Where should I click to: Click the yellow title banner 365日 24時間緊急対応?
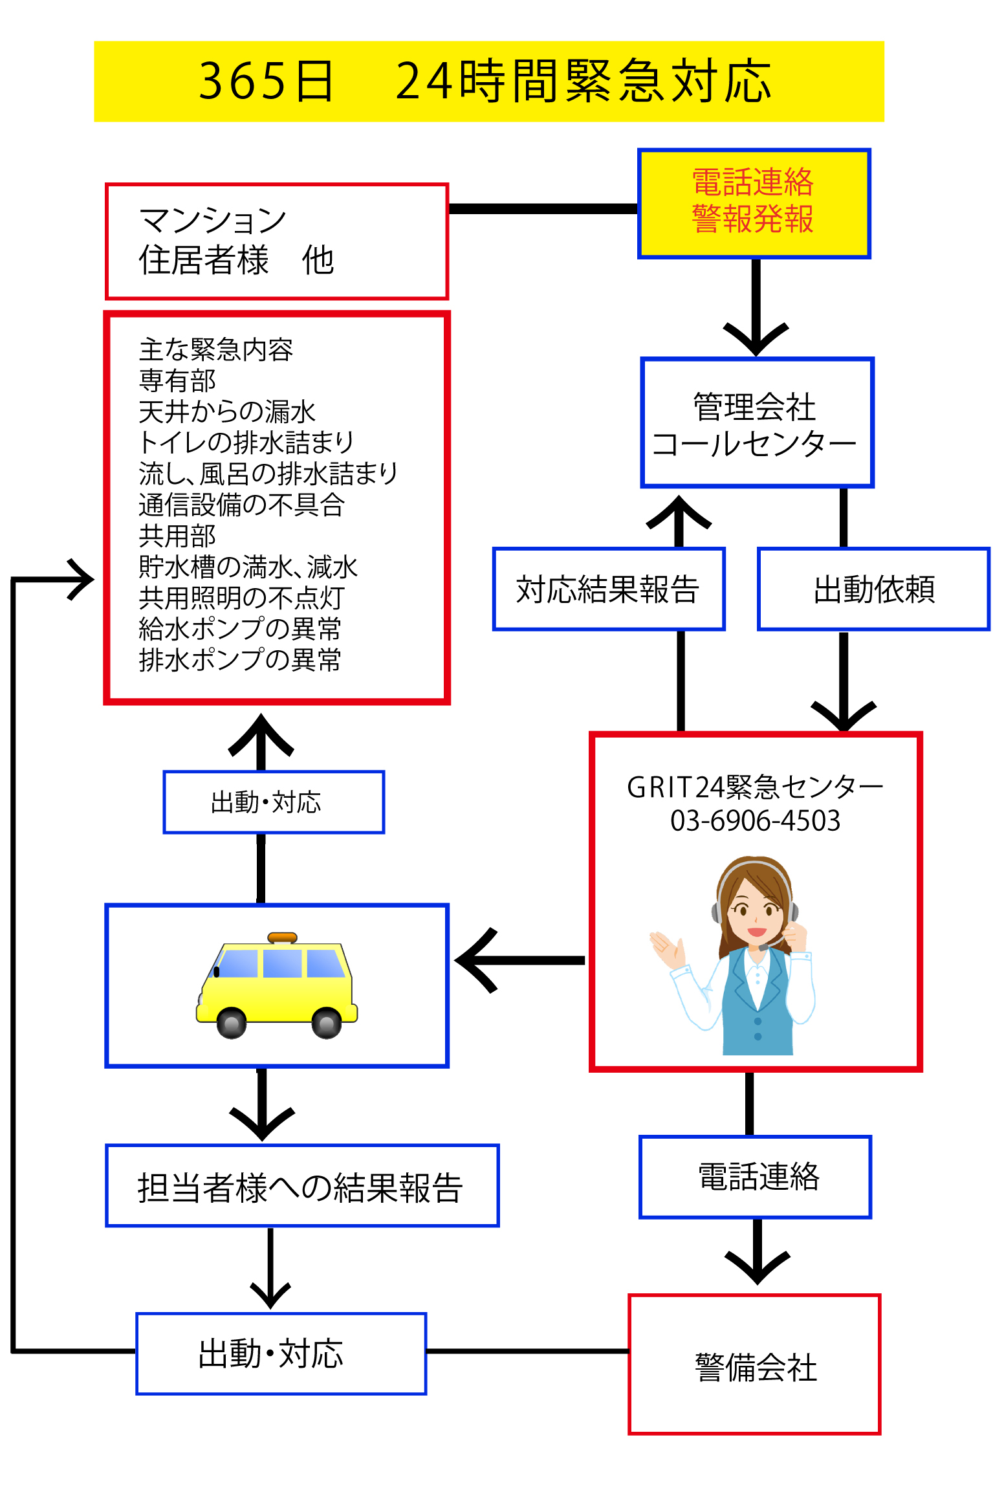point(488,81)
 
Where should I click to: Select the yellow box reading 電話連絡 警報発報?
point(754,203)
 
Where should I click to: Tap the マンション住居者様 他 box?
point(276,241)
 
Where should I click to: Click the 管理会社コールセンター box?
point(756,422)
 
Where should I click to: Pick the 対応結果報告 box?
point(608,589)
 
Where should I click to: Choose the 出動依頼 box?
point(873,589)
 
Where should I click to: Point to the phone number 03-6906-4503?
point(755,821)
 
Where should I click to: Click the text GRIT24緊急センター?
point(755,787)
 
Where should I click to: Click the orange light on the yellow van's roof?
point(282,937)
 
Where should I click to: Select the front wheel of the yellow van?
point(231,1023)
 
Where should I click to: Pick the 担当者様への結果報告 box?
point(301,1185)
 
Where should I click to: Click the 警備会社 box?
point(754,1364)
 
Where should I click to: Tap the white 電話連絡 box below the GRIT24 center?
point(755,1177)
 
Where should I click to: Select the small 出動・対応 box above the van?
point(273,802)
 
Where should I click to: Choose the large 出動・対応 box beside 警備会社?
point(281,1353)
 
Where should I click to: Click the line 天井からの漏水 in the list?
point(226,411)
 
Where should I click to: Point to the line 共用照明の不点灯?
point(241,598)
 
